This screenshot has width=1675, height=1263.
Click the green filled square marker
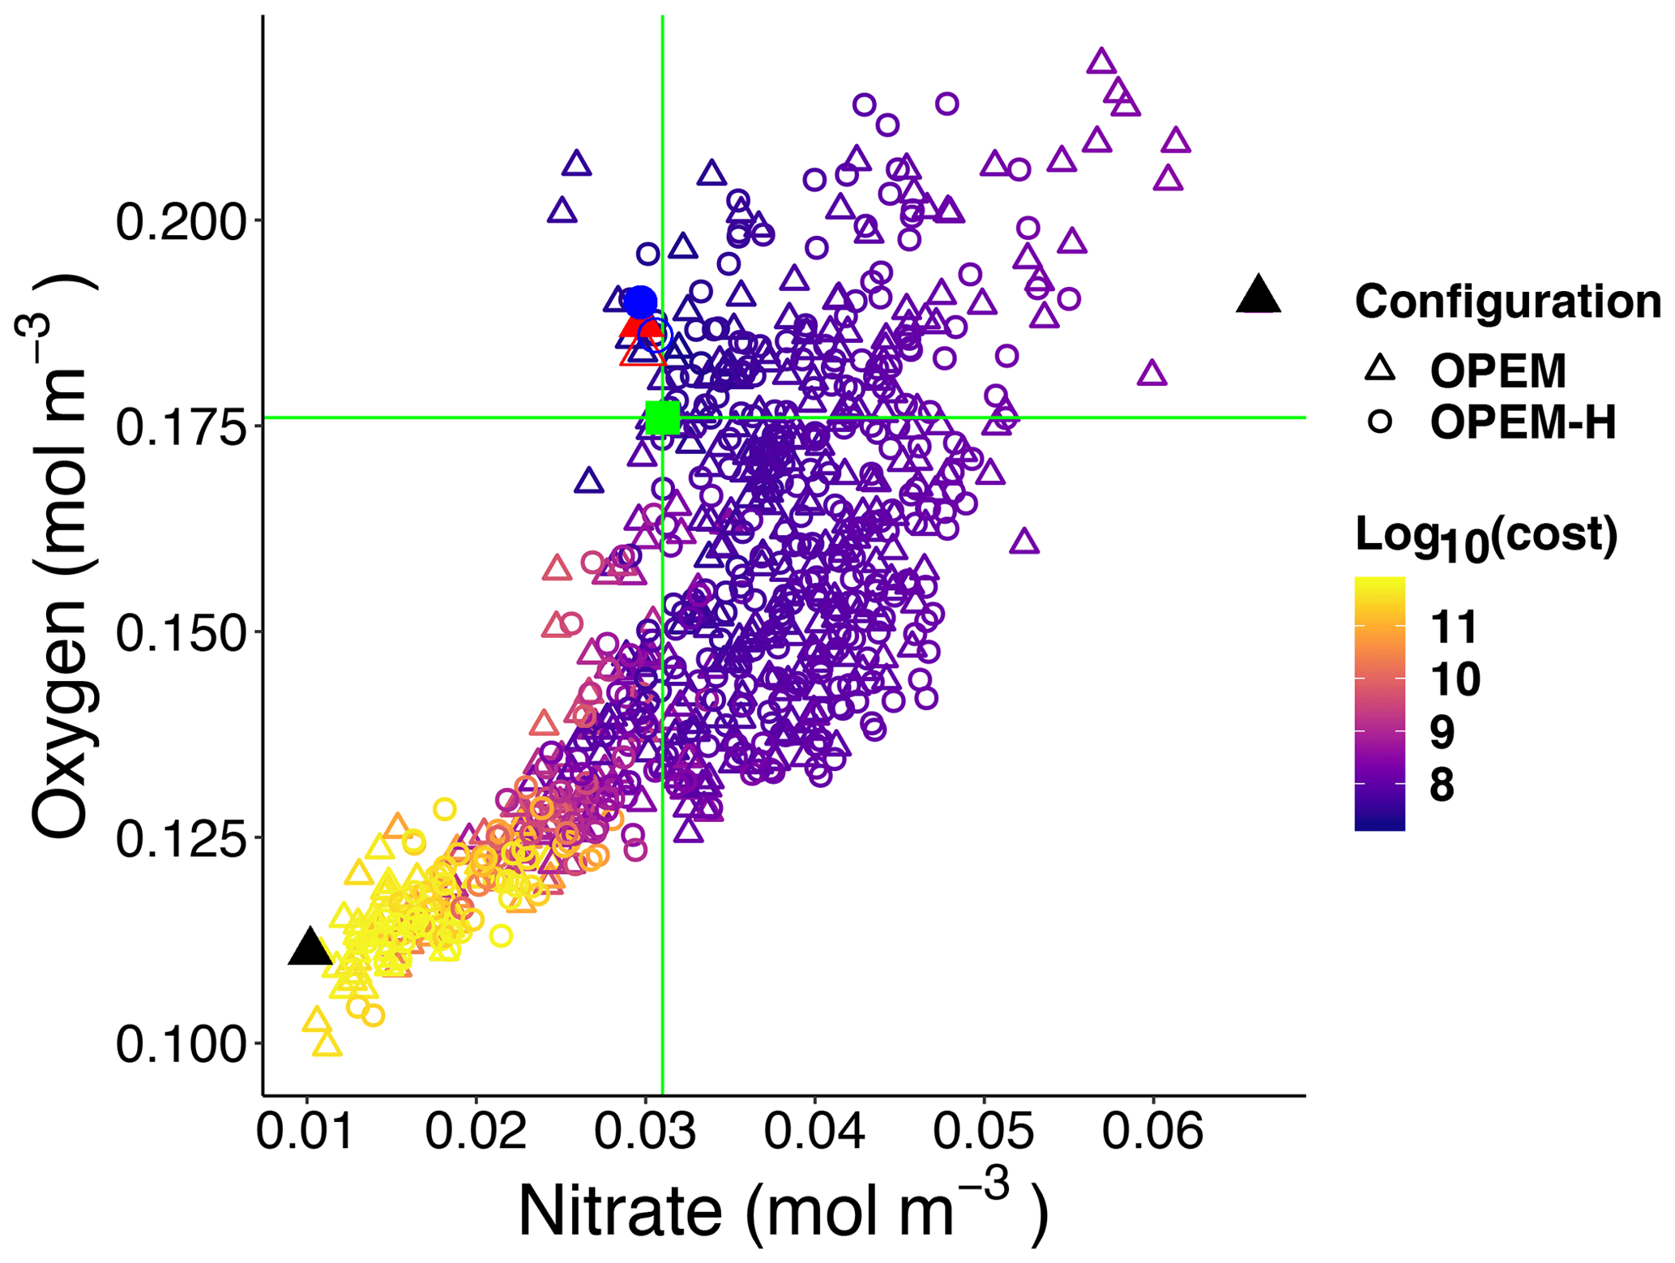click(663, 417)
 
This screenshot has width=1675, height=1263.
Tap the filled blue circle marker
click(639, 302)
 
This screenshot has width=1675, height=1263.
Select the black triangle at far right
click(1258, 296)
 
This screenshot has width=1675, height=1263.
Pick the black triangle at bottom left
click(310, 948)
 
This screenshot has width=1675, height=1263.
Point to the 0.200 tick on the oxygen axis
click(181, 221)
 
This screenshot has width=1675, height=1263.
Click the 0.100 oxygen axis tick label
click(181, 1044)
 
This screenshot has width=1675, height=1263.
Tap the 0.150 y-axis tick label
click(181, 633)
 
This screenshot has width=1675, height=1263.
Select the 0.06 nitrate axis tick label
click(1152, 1130)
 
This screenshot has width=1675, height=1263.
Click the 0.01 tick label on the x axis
click(306, 1130)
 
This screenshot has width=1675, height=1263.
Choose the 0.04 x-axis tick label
click(814, 1130)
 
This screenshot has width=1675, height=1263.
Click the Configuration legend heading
click(1507, 302)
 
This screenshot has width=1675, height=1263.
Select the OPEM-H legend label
click(1523, 422)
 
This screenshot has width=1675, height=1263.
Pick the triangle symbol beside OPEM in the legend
click(1380, 370)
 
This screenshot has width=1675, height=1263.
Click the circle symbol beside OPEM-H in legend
click(1380, 422)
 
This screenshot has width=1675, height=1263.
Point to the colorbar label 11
click(1455, 627)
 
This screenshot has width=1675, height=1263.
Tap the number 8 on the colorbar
click(1442, 785)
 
